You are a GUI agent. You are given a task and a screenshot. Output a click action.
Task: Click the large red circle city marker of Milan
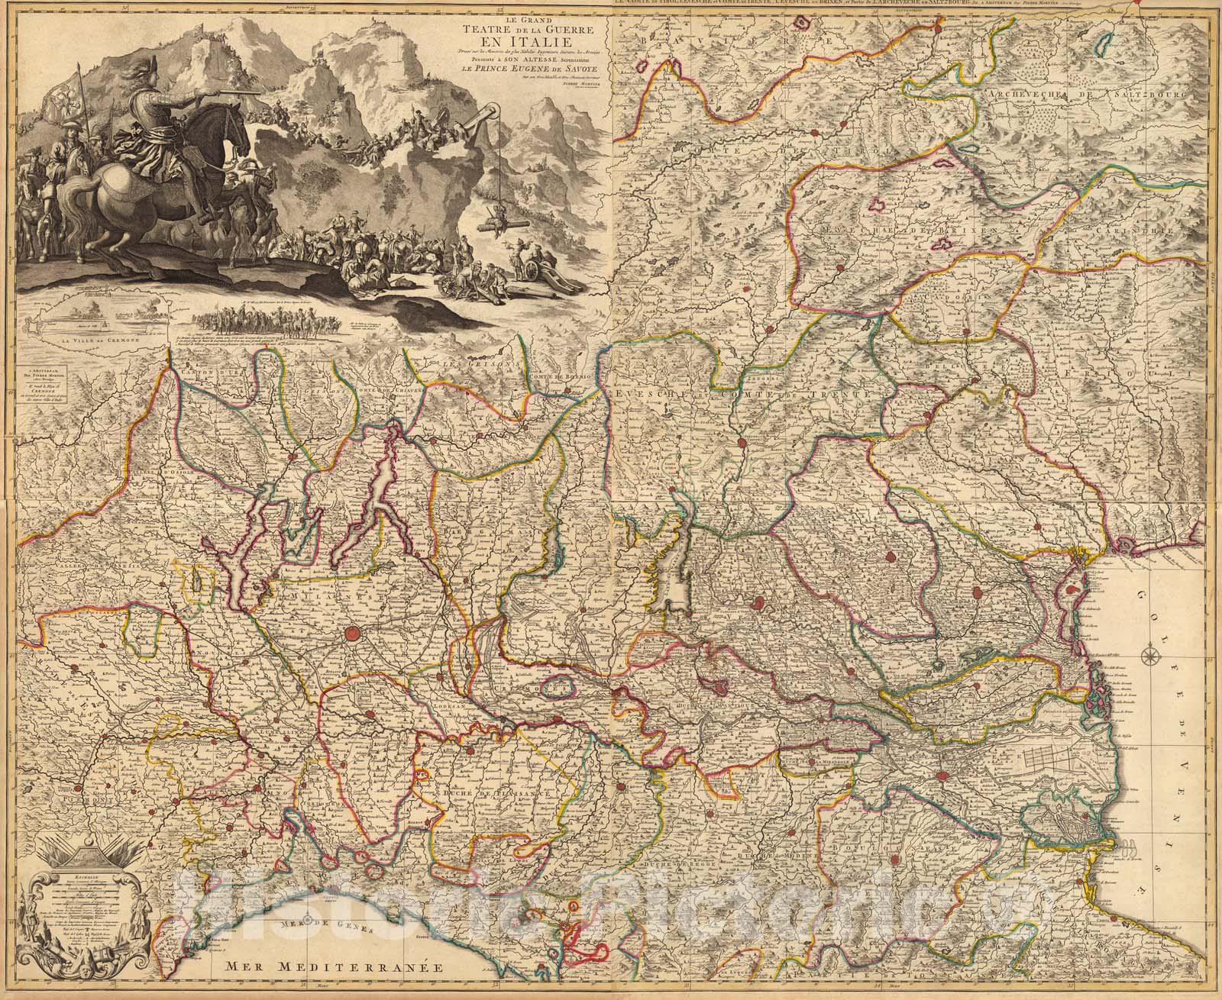click(353, 633)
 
